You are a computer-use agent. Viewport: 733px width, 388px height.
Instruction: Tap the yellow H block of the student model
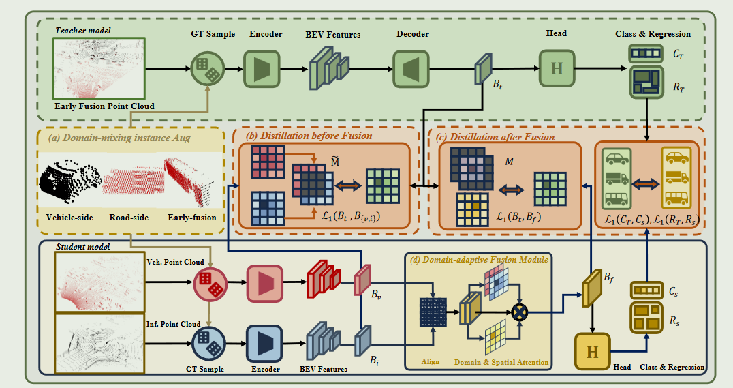[x=593, y=352]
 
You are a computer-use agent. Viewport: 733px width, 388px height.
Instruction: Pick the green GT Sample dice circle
[x=205, y=69]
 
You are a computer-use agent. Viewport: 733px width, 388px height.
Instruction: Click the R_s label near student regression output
[x=674, y=320]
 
